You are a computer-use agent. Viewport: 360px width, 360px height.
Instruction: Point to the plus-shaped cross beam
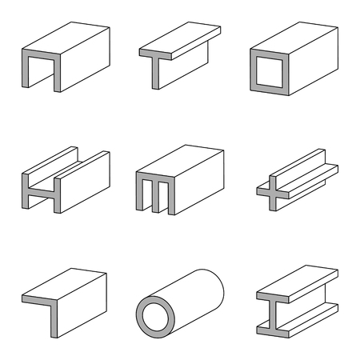[x=292, y=180]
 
